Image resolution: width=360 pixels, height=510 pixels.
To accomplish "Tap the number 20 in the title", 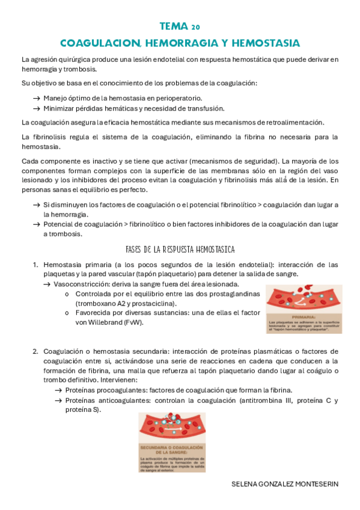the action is coord(196,28).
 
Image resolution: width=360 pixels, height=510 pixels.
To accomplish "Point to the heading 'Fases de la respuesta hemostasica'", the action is coord(180,249).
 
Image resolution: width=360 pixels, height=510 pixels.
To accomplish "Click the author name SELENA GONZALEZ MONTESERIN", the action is coord(285,484).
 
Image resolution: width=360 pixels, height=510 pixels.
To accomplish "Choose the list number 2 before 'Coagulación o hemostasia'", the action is coord(35,351).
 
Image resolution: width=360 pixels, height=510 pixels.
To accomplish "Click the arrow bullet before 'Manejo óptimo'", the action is coord(37,97).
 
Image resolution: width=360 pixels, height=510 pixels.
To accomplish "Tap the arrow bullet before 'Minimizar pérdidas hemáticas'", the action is coord(37,108).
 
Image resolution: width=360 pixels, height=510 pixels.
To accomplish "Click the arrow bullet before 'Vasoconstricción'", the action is coord(47,284).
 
